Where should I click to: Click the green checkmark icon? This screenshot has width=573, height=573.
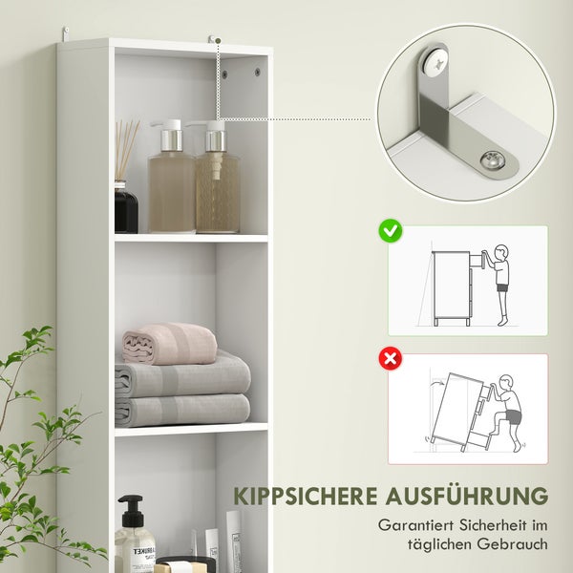(x=390, y=230)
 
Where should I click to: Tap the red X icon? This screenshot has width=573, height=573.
(x=390, y=359)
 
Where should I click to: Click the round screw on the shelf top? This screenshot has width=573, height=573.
(x=494, y=161)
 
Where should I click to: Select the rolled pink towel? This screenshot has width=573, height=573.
(x=169, y=342)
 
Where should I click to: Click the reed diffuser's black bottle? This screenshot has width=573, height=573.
(x=126, y=207)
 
